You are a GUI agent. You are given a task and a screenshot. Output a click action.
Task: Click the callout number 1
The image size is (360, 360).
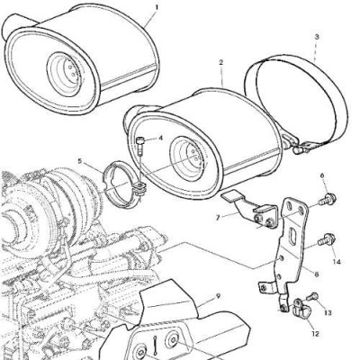(156, 7)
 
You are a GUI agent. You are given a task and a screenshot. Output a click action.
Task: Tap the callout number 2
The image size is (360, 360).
(221, 62)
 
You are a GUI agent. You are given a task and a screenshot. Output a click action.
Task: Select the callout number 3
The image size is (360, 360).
(317, 38)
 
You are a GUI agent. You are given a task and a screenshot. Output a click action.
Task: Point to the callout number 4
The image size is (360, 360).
(160, 138)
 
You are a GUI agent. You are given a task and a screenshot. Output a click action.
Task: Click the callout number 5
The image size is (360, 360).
(79, 161)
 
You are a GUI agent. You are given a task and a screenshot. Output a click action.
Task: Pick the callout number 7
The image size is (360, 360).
(218, 218)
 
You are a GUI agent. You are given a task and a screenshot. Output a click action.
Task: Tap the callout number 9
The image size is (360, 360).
(218, 296)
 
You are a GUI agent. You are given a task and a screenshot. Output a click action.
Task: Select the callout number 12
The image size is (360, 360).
(315, 333)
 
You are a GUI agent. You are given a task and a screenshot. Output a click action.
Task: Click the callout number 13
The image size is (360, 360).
(328, 313)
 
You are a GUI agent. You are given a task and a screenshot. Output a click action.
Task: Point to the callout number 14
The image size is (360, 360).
(337, 262)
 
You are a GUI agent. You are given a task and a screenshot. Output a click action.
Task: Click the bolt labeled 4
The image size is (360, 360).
(141, 146)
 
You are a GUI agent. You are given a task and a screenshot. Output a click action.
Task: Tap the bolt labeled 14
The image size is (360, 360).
(327, 241)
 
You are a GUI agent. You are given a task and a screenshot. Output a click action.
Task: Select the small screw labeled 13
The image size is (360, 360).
(312, 296)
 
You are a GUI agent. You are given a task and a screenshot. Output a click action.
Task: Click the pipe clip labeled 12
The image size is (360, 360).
(301, 309)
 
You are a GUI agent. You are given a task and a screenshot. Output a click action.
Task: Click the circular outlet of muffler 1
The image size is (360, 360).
(64, 71)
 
